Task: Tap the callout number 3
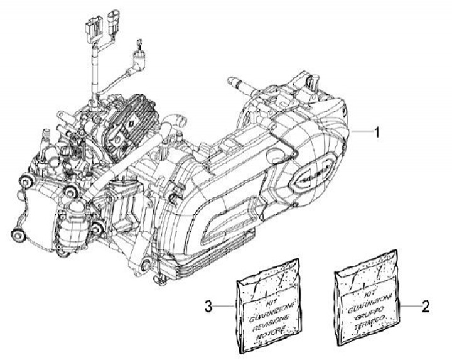(208, 307)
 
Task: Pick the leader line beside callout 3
(223, 307)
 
